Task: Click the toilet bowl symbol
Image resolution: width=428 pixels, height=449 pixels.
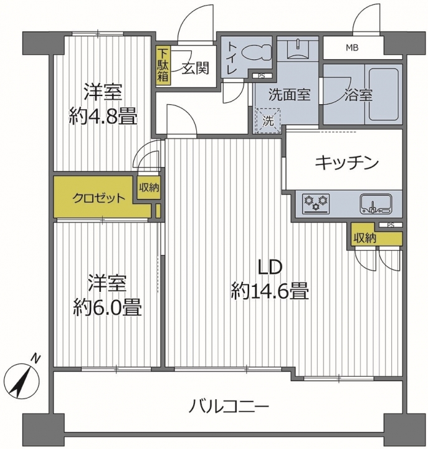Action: point(256,52)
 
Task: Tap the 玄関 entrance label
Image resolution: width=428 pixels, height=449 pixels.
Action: point(196,68)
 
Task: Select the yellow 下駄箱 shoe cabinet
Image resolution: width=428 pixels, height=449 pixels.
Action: point(163,65)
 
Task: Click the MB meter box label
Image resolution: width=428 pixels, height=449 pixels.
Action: point(352,48)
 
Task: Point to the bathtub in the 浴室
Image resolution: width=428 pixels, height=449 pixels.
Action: point(383,94)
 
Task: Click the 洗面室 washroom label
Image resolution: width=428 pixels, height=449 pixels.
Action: point(289,95)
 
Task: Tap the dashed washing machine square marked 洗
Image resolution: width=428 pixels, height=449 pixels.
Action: point(269,120)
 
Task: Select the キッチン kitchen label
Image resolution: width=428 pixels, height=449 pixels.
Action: point(346,163)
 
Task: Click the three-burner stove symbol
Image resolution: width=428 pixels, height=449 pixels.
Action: point(316,203)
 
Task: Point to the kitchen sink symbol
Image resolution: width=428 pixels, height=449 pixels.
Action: point(376,204)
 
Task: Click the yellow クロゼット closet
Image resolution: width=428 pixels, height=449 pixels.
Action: point(98,197)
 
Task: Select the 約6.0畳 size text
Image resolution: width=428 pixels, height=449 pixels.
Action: point(107,308)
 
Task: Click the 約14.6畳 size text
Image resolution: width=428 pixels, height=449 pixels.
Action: point(270,291)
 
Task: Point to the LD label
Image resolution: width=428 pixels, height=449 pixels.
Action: point(270,268)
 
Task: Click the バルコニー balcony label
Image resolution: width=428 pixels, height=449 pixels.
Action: point(229,406)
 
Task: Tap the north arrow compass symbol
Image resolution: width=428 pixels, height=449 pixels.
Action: point(24,379)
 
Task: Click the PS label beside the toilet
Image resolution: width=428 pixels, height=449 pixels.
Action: point(261,76)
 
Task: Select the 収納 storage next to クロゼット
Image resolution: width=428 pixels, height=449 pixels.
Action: point(149,188)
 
